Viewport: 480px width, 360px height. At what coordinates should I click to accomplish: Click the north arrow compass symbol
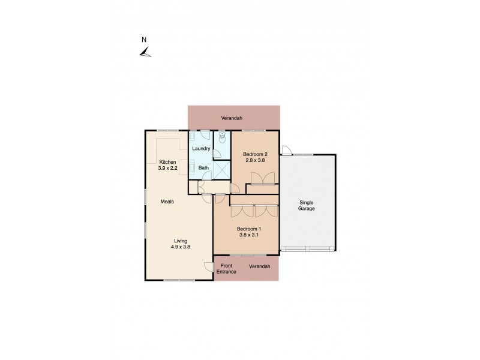(x=145, y=53)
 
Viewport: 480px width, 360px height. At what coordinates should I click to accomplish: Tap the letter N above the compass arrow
(x=143, y=40)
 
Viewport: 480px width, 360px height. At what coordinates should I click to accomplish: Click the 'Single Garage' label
(x=307, y=206)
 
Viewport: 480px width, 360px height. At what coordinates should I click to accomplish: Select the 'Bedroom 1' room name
(x=248, y=229)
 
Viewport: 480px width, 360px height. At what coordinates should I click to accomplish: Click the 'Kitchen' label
(x=167, y=162)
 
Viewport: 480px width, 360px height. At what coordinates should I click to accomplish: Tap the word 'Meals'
(x=167, y=202)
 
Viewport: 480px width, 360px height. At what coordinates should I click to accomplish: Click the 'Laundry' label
(x=200, y=148)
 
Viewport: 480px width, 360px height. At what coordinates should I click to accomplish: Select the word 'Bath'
(x=203, y=168)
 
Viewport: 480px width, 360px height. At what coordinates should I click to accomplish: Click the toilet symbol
(x=223, y=139)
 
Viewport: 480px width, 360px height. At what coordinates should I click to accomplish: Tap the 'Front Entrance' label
(x=227, y=269)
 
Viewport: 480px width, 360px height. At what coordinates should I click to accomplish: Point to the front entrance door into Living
(x=208, y=268)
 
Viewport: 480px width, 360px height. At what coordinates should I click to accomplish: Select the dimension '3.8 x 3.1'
(x=249, y=236)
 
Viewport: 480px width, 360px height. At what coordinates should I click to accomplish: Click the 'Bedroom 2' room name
(x=255, y=154)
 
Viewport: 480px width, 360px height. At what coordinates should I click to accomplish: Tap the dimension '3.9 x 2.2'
(x=167, y=169)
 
